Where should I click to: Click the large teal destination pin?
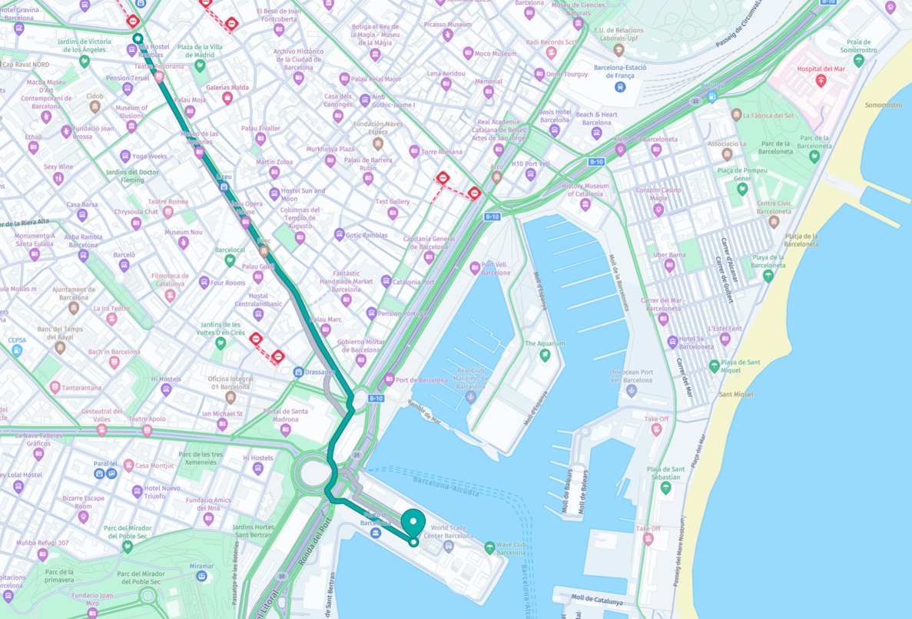414,523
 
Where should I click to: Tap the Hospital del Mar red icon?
821,81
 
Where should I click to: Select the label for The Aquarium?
545,344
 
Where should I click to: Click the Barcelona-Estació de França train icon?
620,87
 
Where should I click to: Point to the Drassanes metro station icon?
299,372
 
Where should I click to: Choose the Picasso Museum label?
447,25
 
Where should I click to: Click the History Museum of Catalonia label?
585,190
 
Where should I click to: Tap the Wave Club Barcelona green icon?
489,548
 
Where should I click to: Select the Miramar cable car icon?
201,576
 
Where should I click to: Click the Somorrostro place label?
883,105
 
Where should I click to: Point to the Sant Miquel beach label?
735,395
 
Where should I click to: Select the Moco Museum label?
495,54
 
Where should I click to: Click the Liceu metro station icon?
224,187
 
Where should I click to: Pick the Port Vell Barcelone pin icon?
475,268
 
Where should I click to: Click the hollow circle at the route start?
138,38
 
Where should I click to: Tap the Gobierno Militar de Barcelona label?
360,346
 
